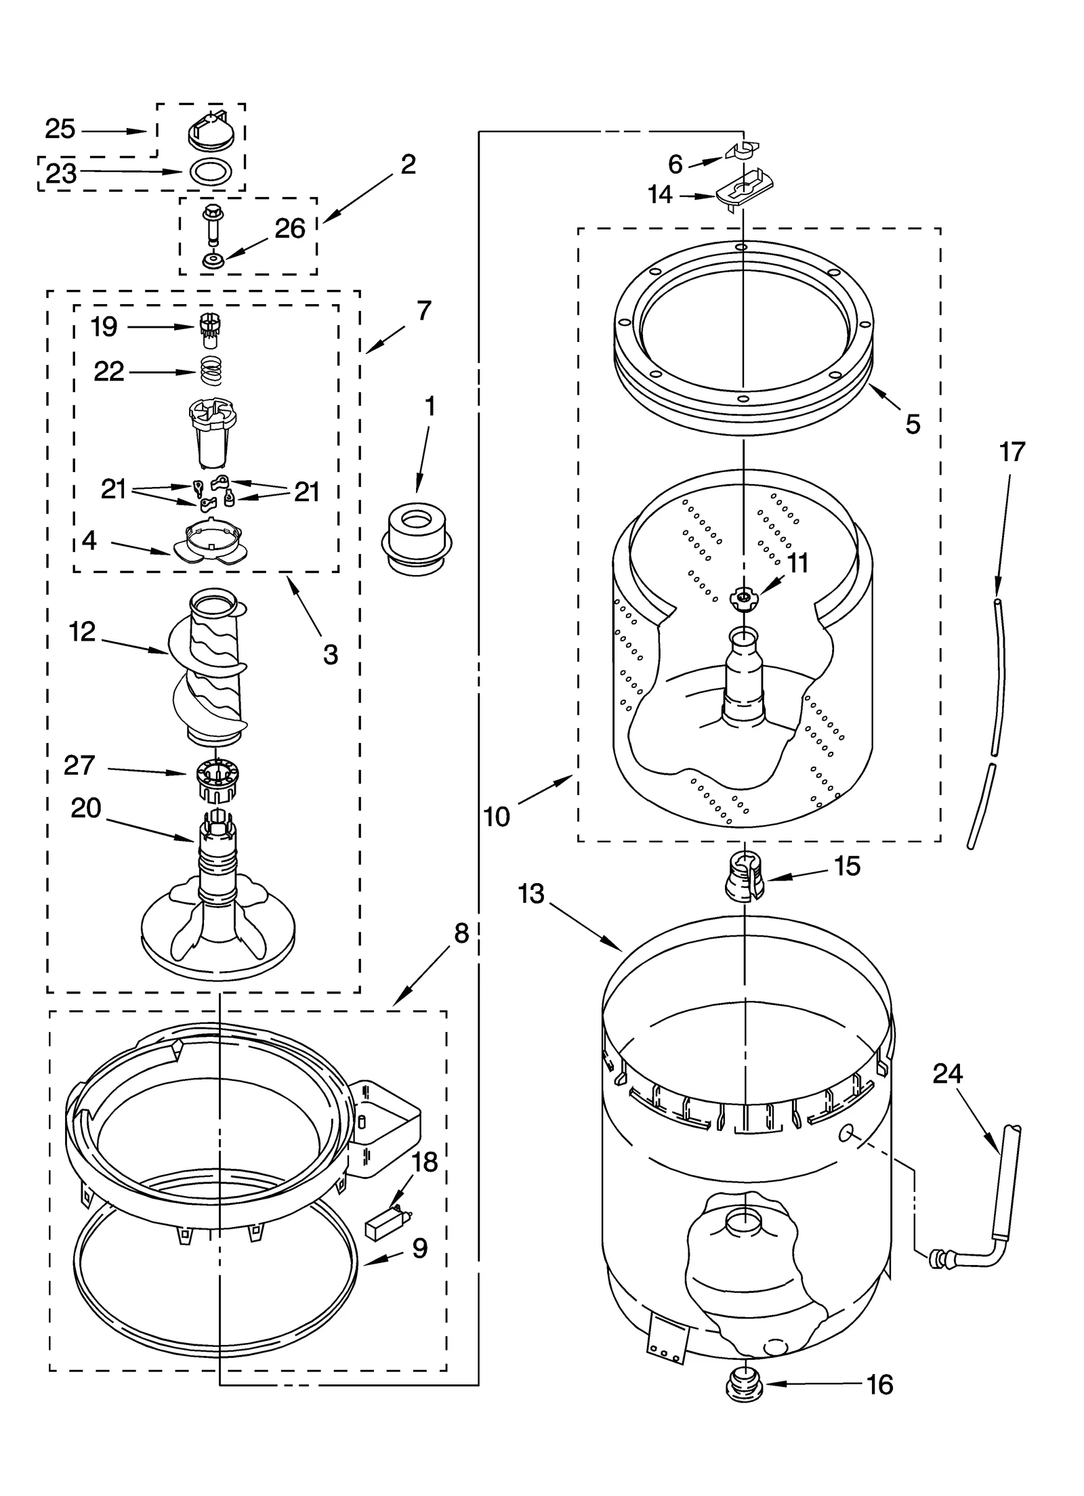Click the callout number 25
(x=60, y=129)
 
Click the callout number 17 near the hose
(x=1012, y=452)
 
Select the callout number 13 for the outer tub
(x=531, y=894)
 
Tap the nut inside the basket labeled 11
(x=744, y=597)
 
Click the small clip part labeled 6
(x=743, y=150)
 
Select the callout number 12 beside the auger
(x=82, y=632)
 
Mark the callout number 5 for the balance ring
(x=913, y=425)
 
